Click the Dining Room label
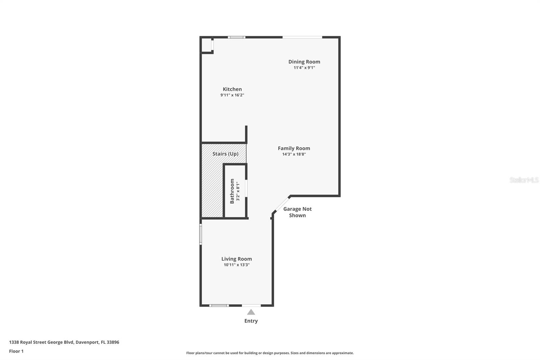(304, 62)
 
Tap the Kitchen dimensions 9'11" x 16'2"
(232, 95)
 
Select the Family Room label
(294, 148)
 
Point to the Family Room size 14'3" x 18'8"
(294, 154)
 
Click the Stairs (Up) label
(225, 154)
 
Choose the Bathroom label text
(232, 191)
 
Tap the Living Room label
(237, 259)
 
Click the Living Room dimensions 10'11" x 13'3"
(237, 265)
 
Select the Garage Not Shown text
(297, 212)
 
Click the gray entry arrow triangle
(251, 312)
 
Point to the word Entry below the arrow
(251, 321)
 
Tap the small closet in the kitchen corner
(207, 45)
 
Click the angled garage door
(282, 205)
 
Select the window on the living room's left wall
(200, 234)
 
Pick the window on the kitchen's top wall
(237, 37)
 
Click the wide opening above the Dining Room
(302, 37)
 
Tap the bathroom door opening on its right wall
(246, 188)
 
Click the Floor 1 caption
(17, 351)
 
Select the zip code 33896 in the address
(113, 342)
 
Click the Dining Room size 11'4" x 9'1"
(304, 68)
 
